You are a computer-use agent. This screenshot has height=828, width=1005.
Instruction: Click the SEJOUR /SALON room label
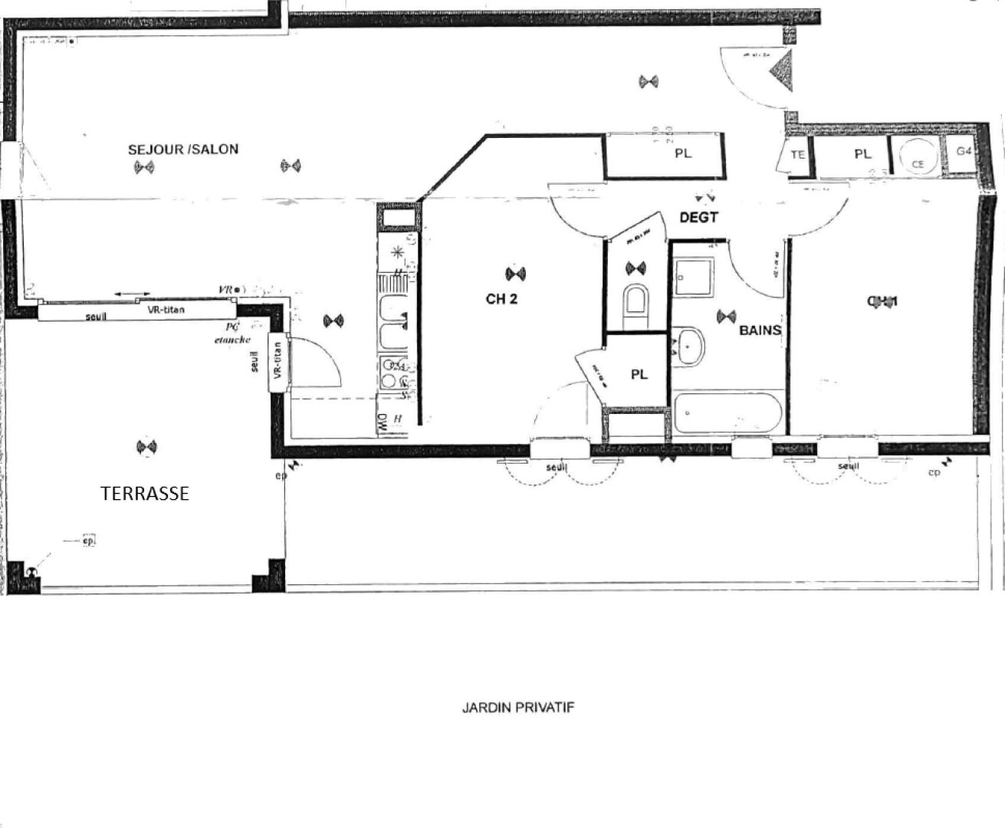coord(182,149)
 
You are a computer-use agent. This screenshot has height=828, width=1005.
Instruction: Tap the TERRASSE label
coord(145,494)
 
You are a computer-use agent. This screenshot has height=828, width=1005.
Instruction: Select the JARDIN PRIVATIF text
coord(517,707)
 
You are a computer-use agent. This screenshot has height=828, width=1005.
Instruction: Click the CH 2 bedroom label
coord(501,299)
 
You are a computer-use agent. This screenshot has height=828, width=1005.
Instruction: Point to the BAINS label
coord(760,330)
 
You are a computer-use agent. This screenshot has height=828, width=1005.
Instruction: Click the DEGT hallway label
coord(698,218)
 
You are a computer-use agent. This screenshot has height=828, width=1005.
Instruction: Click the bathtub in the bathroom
coord(727,414)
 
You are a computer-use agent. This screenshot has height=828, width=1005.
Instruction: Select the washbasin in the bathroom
coord(691,347)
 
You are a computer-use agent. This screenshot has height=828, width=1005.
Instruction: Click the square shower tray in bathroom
coord(694,277)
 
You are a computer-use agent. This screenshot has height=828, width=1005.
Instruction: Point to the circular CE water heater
coord(918,157)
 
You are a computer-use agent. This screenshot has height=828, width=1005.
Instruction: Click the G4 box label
coord(964,151)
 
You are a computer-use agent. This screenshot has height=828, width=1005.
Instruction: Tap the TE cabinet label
coord(797,155)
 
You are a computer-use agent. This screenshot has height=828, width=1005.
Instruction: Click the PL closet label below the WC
coord(639,374)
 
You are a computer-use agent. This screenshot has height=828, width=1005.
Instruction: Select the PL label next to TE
coord(862,154)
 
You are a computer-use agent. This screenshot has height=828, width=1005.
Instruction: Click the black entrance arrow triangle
coord(783,69)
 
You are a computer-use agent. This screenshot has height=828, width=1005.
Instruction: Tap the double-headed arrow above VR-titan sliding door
coord(133,294)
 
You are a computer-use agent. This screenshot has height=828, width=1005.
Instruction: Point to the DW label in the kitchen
coord(381,422)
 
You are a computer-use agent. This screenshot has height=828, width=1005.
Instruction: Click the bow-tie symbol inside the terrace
coord(145,447)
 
